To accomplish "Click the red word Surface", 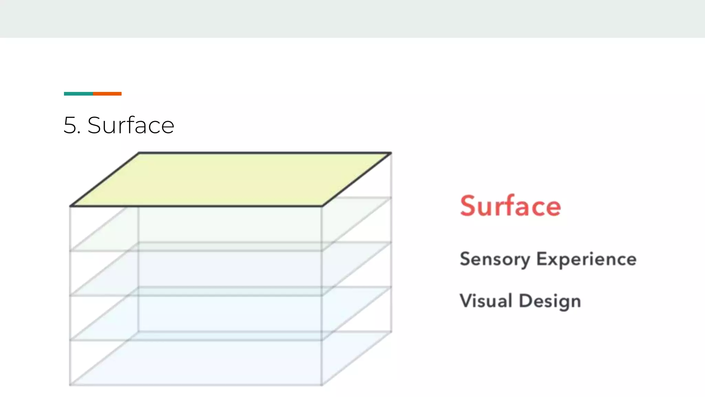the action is (511, 206).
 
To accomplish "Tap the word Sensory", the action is (495, 259).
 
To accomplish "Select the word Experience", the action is (586, 259).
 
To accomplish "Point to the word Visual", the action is (486, 301).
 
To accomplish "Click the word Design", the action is (550, 301).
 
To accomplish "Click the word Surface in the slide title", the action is (131, 125).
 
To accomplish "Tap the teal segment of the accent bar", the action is (78, 94).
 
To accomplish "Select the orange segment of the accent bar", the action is (107, 94).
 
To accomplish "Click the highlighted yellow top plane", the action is (231, 179).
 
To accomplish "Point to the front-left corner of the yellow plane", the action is (70, 206).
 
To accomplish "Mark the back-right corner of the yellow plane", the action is (391, 153).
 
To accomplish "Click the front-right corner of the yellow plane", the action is (322, 206).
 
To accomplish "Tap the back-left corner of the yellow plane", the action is (139, 153).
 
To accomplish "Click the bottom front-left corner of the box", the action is (70, 385).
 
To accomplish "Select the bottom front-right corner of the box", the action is (322, 385).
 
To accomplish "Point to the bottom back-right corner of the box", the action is (391, 332).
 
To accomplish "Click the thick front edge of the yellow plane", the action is (196, 206).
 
